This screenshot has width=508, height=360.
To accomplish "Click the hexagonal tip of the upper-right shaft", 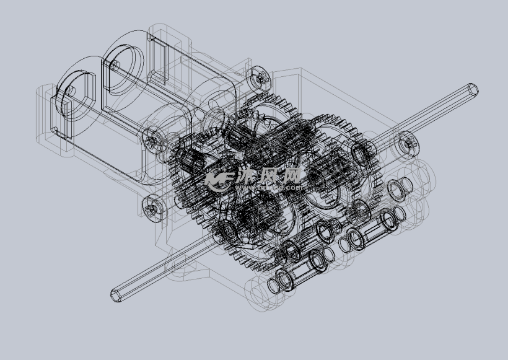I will [x=472, y=89].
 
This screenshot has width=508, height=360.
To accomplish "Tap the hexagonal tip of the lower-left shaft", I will [x=116, y=295].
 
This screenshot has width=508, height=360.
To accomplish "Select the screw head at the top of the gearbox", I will [x=258, y=78].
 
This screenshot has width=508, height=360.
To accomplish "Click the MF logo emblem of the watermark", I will [x=218, y=180].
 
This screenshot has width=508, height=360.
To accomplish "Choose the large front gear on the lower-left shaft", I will [x=248, y=229].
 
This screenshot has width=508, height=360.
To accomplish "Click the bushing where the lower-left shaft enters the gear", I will [x=226, y=231].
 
